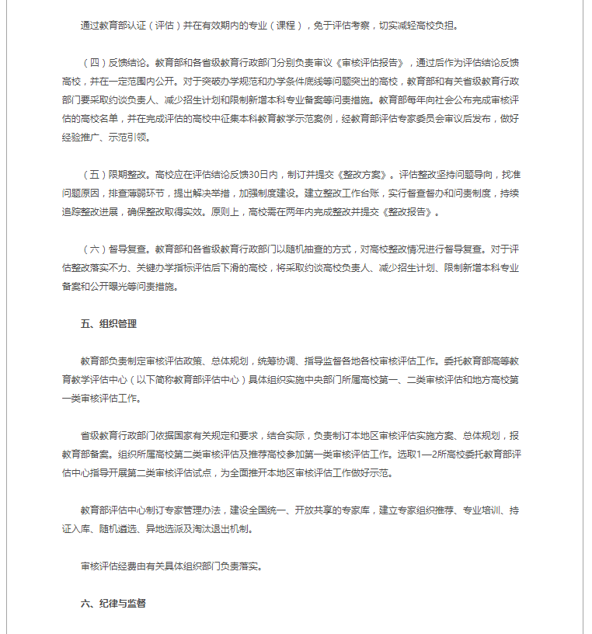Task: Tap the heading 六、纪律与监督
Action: point(113,602)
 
